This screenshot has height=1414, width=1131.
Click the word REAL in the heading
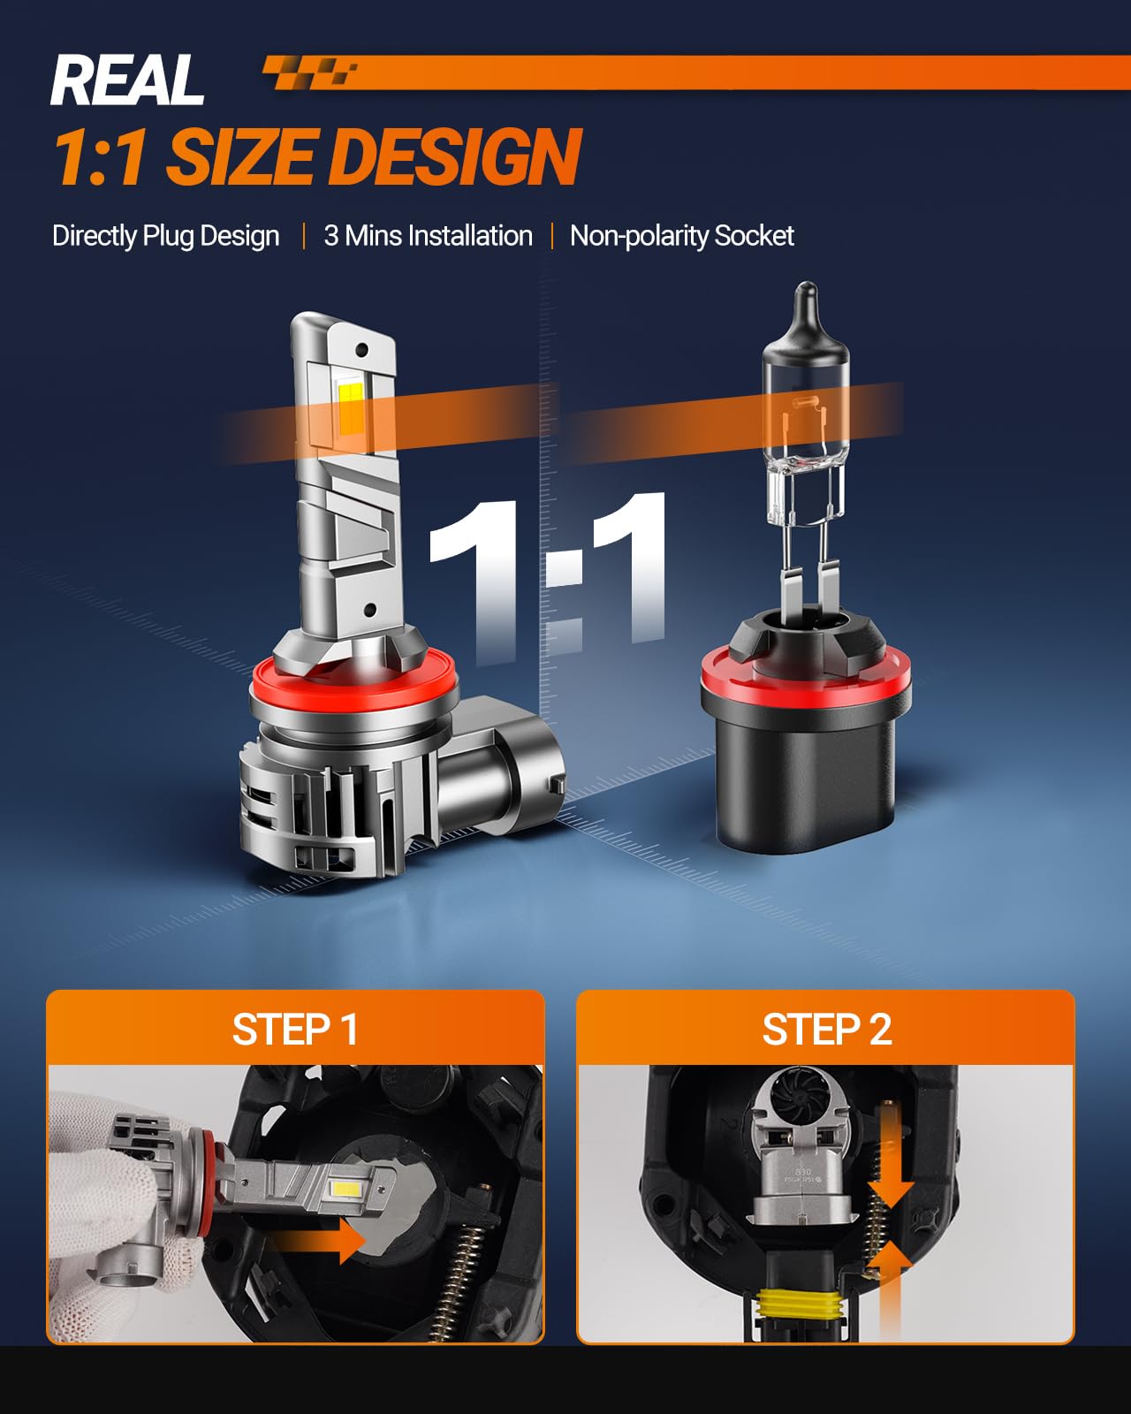tap(127, 80)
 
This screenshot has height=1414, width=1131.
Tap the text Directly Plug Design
tap(165, 236)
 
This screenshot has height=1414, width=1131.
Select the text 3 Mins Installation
tap(428, 235)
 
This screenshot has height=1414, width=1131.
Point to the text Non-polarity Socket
tap(682, 236)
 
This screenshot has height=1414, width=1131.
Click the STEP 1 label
tap(295, 1029)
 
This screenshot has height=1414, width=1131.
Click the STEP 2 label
tap(827, 1029)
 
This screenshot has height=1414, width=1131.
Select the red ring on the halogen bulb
tap(806, 680)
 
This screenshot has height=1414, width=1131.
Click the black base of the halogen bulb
tap(807, 775)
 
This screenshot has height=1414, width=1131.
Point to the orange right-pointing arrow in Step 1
tap(316, 1241)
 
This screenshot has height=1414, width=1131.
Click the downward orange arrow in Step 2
tap(892, 1167)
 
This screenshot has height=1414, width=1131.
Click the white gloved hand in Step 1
tap(109, 1215)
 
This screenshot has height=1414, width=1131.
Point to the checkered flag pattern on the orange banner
tap(310, 72)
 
